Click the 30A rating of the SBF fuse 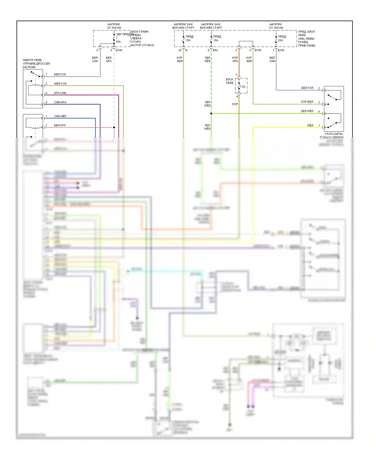pyautogui.click(x=118, y=42)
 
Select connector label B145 pyautogui.click(x=119, y=50)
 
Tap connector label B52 pyautogui.click(x=216, y=50)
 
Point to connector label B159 pyautogui.click(x=258, y=50)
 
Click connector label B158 pyautogui.click(x=281, y=50)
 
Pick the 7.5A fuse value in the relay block pyautogui.click(x=243, y=87)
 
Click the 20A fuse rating pyautogui.click(x=280, y=40)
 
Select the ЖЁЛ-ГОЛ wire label pyautogui.click(x=60, y=84)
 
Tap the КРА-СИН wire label pyautogui.click(x=60, y=93)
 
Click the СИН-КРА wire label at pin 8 pyautogui.click(x=60, y=102)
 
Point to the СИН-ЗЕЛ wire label pyautogui.click(x=60, y=116)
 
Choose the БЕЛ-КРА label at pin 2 pyautogui.click(x=60, y=125)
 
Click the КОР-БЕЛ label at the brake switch pyautogui.click(x=307, y=102)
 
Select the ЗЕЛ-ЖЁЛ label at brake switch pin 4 pyautogui.click(x=307, y=111)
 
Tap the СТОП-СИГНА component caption pyautogui.click(x=334, y=134)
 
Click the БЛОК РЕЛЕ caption pyautogui.click(x=230, y=81)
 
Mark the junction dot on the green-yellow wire pyautogui.click(x=211, y=113)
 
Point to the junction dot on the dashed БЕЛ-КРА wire pyautogui.click(x=114, y=128)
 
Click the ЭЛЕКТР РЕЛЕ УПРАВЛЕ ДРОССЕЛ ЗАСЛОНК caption pyautogui.click(x=36, y=64)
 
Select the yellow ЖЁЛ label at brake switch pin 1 pyautogui.click(x=310, y=125)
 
